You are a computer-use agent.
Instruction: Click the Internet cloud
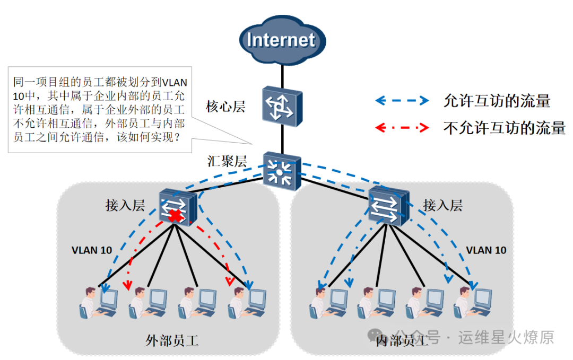[x=281, y=40]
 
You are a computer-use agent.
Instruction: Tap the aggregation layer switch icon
[x=281, y=171]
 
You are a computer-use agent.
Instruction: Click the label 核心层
[x=225, y=107]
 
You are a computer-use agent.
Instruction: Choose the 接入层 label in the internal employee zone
[x=442, y=205]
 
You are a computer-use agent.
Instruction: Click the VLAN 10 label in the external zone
[x=92, y=250]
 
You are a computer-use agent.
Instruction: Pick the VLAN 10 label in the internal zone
[x=486, y=250]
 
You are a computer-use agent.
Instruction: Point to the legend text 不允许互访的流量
[x=504, y=128]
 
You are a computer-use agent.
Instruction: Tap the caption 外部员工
[x=172, y=340]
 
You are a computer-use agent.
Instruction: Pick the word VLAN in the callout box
[x=174, y=83]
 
